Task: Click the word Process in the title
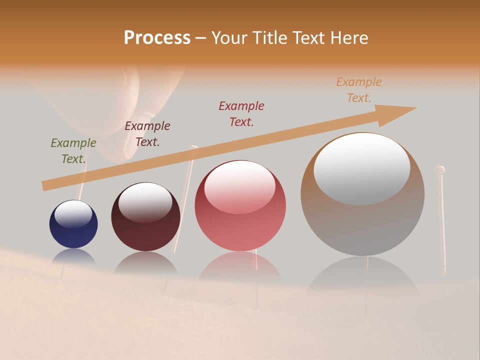(157, 38)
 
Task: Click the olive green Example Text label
(73, 151)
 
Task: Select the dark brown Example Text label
(147, 134)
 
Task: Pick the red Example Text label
(241, 114)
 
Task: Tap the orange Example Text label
(359, 90)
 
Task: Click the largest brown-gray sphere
(362, 220)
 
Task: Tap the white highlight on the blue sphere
(73, 214)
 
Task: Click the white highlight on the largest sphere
(361, 169)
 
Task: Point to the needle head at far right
(440, 170)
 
